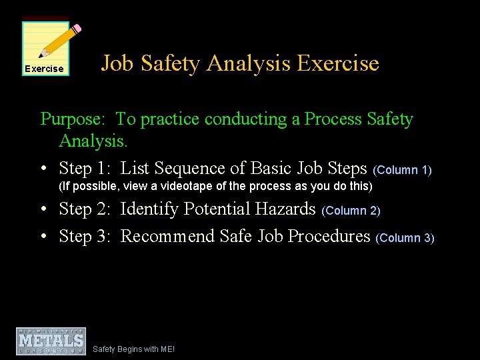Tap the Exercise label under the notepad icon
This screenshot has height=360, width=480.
coord(44,69)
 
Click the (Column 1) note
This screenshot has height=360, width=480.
coord(403,170)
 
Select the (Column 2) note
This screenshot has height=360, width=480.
coord(351,211)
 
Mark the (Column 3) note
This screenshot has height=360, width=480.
coord(405,238)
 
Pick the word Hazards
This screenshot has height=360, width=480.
coord(285,209)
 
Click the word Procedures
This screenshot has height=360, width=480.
coord(329,236)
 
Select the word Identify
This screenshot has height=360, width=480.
coord(149,209)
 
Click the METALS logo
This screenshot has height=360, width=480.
coord(51,341)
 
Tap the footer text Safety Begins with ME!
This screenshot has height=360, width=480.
coord(134,349)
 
